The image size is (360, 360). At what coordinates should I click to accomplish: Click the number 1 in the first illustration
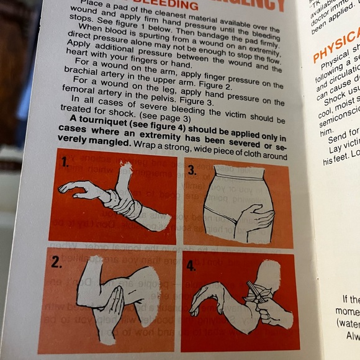(x=65, y=163)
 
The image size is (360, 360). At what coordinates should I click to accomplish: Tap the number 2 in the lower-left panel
(x=56, y=262)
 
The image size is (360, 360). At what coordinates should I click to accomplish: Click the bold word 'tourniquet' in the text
(x=100, y=137)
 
